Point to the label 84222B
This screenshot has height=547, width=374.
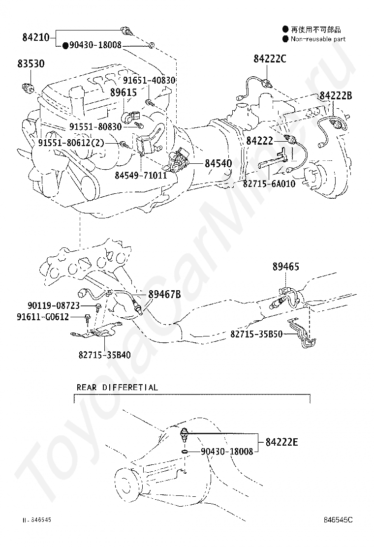click(x=336, y=96)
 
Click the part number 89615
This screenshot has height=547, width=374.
click(x=124, y=91)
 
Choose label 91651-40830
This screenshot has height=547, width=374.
click(x=149, y=80)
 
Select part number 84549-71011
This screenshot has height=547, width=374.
click(x=141, y=175)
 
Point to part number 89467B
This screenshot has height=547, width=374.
click(x=164, y=294)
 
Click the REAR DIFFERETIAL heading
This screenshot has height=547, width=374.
click(x=117, y=387)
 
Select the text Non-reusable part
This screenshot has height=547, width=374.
click(x=318, y=39)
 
